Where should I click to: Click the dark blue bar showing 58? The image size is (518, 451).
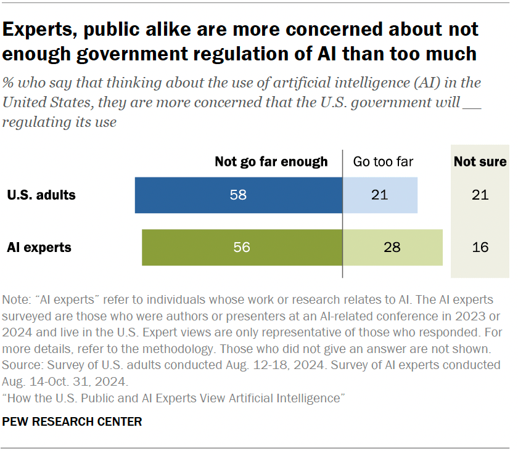click(239, 195)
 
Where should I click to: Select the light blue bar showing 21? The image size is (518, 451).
click(380, 195)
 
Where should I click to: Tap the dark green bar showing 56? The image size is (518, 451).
click(242, 248)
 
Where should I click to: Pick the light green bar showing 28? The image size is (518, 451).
click(392, 248)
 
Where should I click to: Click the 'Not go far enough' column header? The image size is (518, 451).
click(271, 162)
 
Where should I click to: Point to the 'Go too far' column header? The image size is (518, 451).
click(383, 162)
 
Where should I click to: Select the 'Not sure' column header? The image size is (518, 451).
click(480, 162)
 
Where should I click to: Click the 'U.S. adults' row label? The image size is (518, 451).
click(41, 195)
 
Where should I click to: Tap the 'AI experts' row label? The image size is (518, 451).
click(39, 248)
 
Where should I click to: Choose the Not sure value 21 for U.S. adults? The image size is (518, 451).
click(480, 195)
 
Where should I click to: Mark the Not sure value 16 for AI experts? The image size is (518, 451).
click(480, 248)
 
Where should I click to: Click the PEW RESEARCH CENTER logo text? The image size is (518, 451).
click(72, 422)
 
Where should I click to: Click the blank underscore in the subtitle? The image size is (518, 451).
click(472, 102)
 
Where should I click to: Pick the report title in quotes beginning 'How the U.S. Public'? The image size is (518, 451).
click(172, 398)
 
